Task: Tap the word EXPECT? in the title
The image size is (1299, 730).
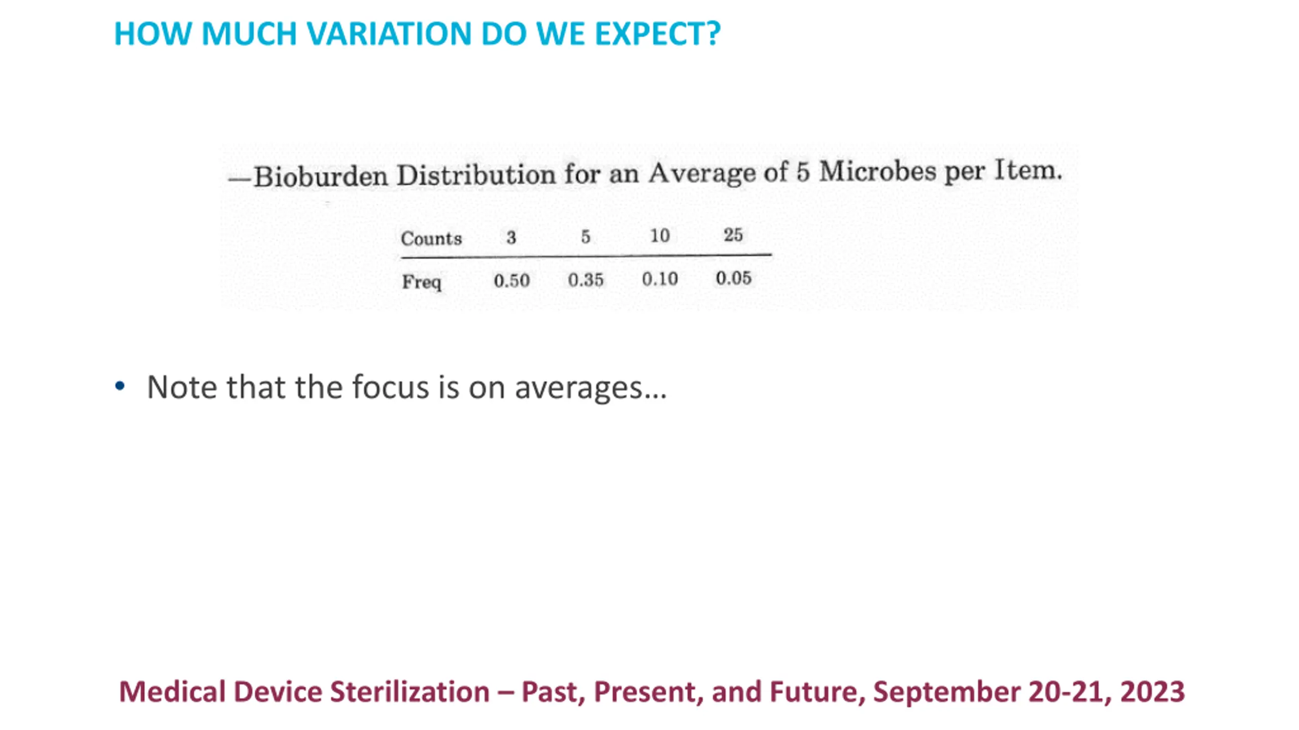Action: tap(657, 34)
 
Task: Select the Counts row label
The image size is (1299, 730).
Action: tap(431, 238)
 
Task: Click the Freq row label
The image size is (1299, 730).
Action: tap(421, 282)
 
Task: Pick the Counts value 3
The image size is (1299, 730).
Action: tap(511, 237)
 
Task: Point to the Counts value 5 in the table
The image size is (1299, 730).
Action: tap(586, 236)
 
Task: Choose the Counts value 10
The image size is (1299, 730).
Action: tap(660, 235)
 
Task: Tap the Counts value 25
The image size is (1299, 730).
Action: tap(733, 234)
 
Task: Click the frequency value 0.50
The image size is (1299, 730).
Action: tap(511, 280)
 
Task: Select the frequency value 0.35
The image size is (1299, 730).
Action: tap(586, 279)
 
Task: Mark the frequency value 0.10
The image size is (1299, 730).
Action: tap(660, 278)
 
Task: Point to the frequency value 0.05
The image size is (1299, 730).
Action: tap(733, 278)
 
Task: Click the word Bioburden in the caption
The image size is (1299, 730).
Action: tap(321, 176)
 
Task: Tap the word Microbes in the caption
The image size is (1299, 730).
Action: tap(878, 171)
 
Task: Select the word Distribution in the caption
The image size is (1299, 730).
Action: tap(476, 175)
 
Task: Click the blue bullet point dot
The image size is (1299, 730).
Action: tap(120, 386)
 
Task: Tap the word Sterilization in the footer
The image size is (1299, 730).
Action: tap(409, 691)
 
